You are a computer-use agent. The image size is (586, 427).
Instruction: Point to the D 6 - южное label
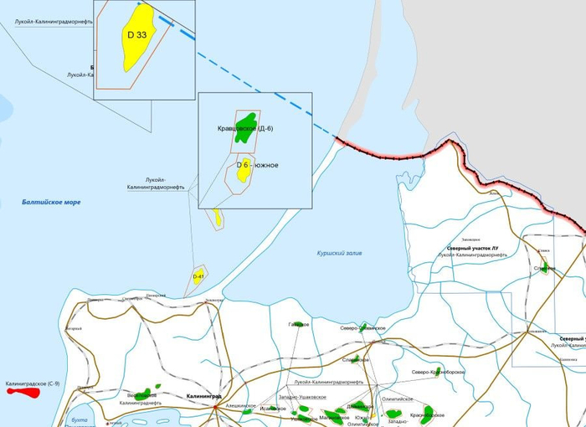coord(257,166)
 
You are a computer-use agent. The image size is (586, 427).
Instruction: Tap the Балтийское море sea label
coord(52,203)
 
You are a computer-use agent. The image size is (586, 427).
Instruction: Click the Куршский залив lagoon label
coord(340,252)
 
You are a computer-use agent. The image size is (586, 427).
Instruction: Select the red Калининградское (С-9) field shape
coord(24,391)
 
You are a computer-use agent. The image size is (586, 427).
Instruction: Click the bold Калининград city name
coord(203,395)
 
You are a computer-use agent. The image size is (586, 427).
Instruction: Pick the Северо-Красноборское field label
coord(438,372)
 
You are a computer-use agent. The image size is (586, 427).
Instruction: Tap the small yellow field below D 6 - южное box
coord(218,218)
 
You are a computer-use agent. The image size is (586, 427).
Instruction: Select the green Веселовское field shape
coord(144,393)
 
